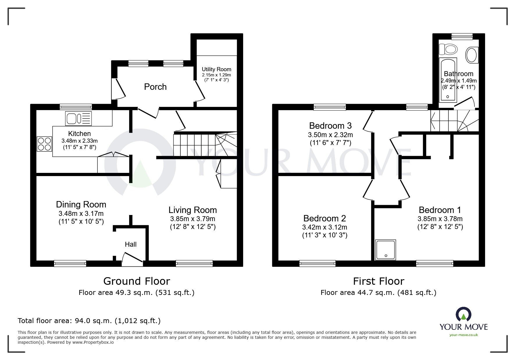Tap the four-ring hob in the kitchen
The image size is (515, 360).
[44, 144]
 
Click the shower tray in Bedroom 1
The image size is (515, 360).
[386, 250]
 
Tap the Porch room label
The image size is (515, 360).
[155, 87]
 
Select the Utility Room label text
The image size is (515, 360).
[216, 69]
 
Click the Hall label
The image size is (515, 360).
[131, 244]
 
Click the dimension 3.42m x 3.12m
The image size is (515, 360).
[325, 227]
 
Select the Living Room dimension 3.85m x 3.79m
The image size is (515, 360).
[193, 219]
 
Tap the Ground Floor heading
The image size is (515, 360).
[136, 281]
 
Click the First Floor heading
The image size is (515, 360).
[378, 281]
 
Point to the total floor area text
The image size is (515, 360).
[89, 321]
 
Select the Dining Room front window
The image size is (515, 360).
[70, 263]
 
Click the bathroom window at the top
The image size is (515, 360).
[462, 36]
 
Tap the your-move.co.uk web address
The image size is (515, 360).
[464, 335]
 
